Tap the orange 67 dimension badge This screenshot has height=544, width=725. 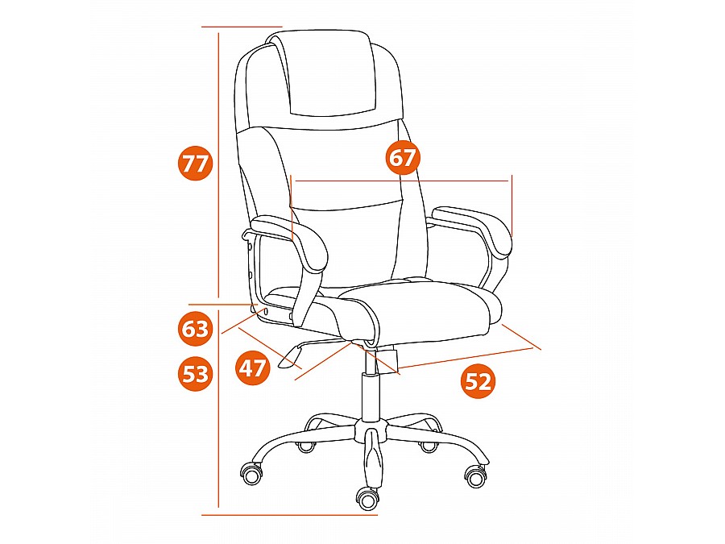pyautogui.click(x=402, y=157)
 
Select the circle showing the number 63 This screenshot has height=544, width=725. pyautogui.click(x=195, y=329)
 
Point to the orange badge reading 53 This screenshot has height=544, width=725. pyautogui.click(x=195, y=373)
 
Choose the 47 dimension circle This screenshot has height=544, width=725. pyautogui.click(x=252, y=368)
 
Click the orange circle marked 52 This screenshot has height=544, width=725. pyautogui.click(x=478, y=382)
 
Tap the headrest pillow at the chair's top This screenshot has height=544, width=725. pyautogui.click(x=329, y=74)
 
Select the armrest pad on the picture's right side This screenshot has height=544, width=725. pyautogui.click(x=471, y=229)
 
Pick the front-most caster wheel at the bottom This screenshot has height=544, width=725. pyautogui.click(x=367, y=498)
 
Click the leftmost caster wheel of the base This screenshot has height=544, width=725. pyautogui.click(x=252, y=474)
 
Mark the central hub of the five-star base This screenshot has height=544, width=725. pyautogui.click(x=370, y=430)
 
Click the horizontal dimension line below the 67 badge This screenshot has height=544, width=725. pyautogui.click(x=402, y=181)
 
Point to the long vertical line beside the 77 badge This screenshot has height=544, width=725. pyautogui.click(x=217, y=162)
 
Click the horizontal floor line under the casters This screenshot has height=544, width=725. pyautogui.click(x=289, y=514)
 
